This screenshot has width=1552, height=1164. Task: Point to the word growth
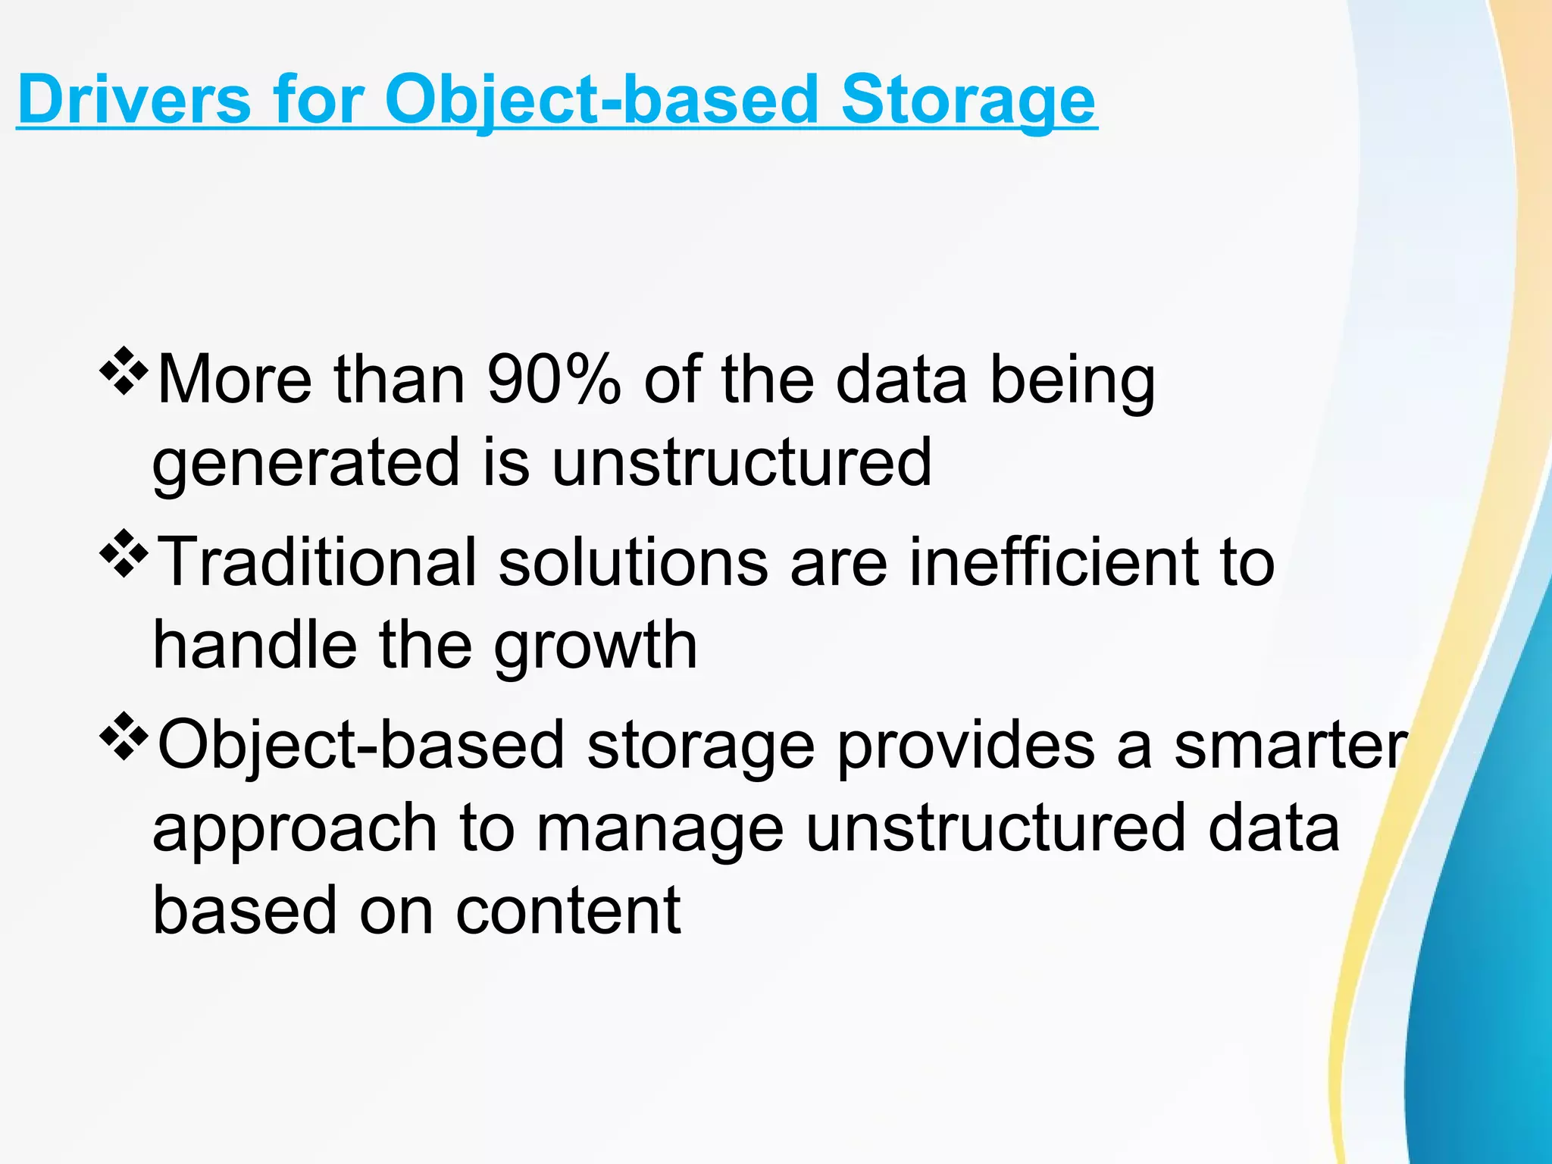[595, 646]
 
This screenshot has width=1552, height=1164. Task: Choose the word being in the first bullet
[1072, 380]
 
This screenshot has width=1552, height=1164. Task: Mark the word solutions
[633, 562]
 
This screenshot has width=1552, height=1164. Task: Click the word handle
[255, 645]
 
